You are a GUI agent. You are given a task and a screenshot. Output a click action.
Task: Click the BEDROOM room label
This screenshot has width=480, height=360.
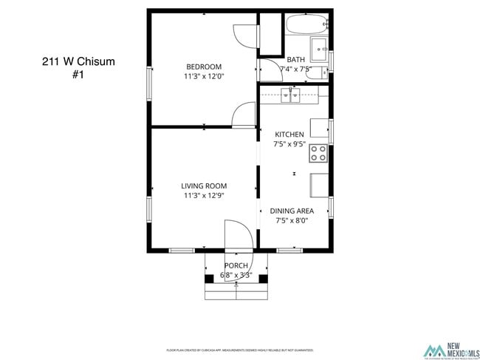tap(203, 67)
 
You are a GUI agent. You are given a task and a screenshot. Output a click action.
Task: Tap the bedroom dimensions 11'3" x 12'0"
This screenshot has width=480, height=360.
tap(204, 76)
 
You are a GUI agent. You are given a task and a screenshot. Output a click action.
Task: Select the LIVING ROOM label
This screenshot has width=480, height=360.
tap(204, 186)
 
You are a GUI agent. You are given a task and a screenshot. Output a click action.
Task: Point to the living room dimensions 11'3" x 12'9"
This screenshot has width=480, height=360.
tap(204, 196)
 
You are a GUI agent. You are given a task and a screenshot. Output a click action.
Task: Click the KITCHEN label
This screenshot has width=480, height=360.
tap(289, 135)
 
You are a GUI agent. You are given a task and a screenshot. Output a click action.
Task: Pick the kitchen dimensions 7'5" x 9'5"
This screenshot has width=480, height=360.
tap(289, 144)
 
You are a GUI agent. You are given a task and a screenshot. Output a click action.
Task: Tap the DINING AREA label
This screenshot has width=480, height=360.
tap(292, 211)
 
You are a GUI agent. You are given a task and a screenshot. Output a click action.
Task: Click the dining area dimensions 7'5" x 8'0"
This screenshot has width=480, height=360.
tap(292, 220)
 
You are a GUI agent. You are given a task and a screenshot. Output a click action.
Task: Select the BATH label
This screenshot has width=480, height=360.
tap(295, 60)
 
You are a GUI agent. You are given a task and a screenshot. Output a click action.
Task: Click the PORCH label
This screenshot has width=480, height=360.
tap(236, 265)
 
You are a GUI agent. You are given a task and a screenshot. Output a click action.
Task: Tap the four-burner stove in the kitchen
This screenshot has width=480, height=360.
tap(318, 153)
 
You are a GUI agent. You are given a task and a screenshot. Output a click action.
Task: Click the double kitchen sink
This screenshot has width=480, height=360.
tap(289, 94)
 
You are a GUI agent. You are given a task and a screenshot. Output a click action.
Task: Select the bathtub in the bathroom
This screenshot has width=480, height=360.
tap(307, 24)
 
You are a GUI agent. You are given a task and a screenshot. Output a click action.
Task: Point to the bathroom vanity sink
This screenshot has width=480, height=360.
tap(320, 50)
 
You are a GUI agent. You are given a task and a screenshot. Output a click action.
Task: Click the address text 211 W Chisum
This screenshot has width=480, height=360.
tap(78, 62)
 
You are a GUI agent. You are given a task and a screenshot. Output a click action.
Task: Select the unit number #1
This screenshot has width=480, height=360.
tap(78, 75)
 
